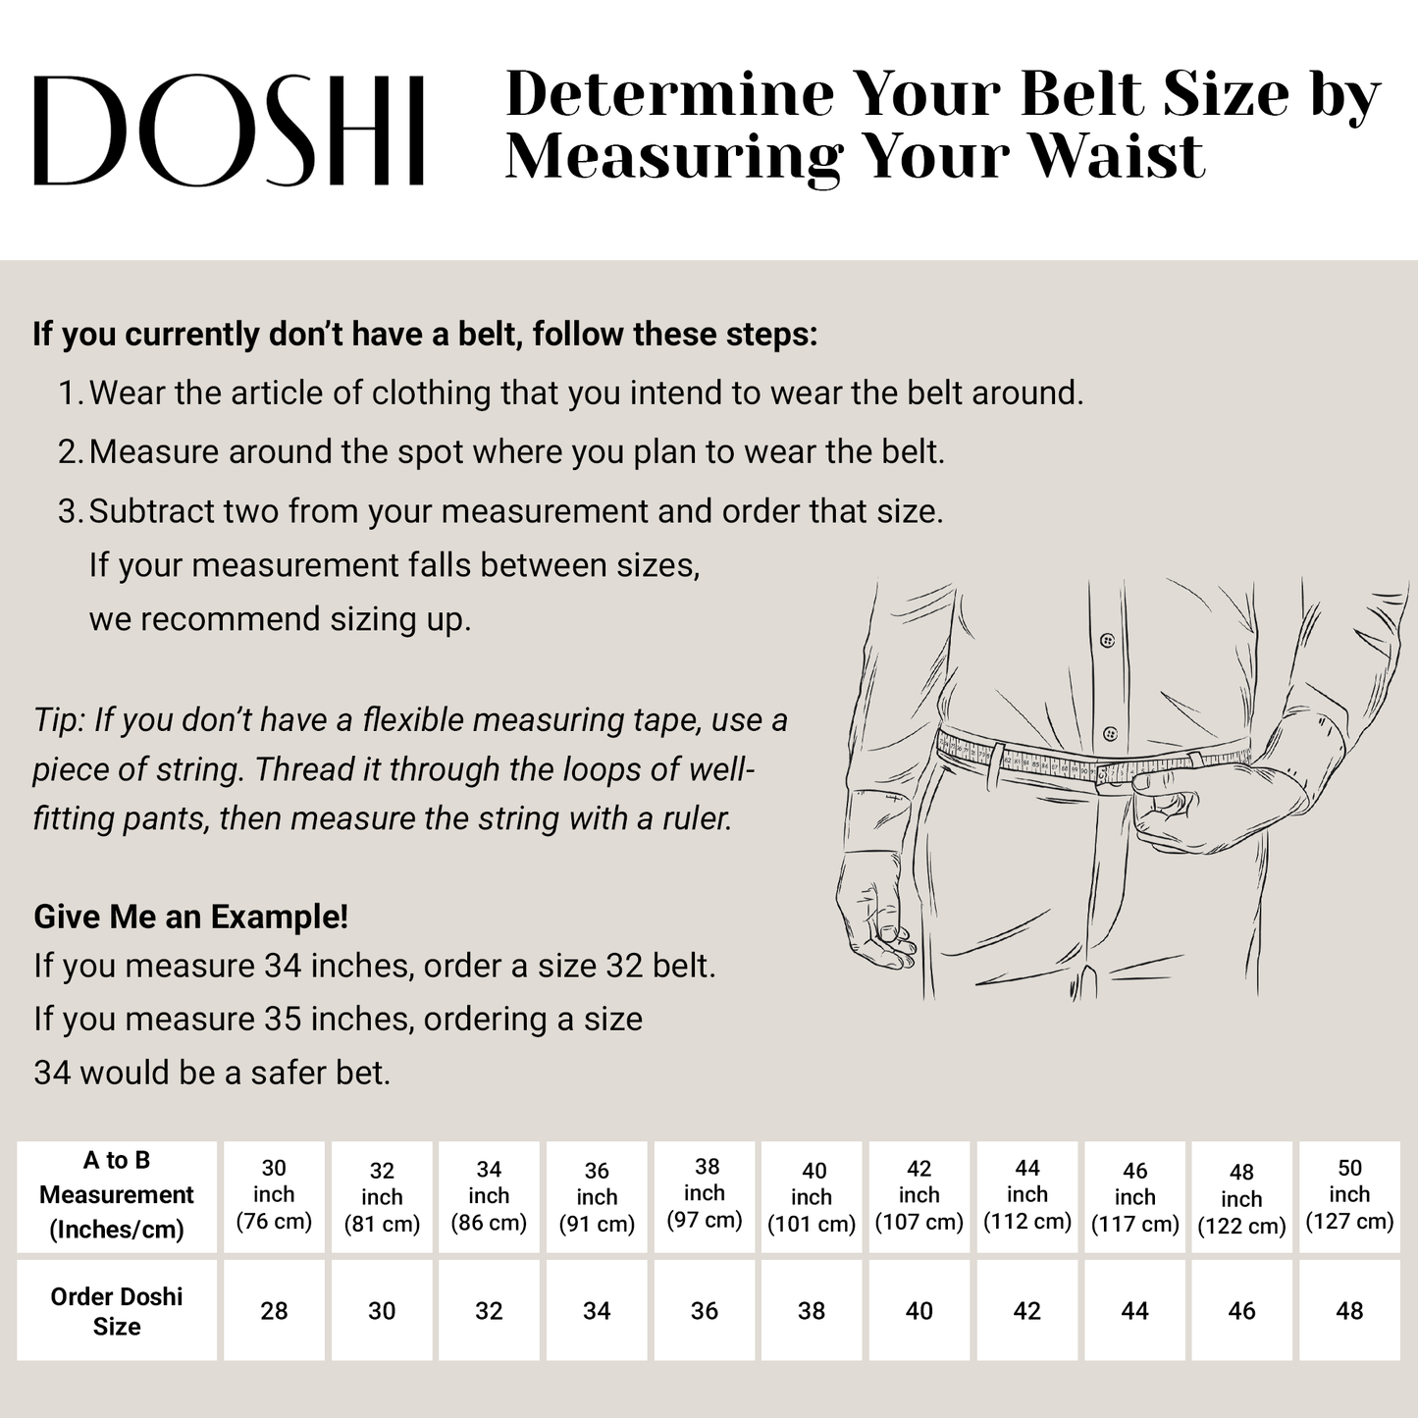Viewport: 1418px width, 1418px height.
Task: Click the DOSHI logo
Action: click(229, 131)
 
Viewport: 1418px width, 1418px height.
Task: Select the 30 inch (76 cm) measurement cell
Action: click(274, 1195)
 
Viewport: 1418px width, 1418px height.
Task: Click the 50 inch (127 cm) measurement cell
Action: click(1349, 1195)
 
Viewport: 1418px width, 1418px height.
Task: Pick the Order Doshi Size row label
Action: click(117, 1311)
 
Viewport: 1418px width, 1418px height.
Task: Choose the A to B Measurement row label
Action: click(117, 1195)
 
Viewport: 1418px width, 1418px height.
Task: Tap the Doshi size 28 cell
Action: click(274, 1311)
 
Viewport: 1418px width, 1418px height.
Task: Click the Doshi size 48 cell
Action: click(1349, 1311)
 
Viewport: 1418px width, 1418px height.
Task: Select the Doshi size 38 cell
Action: click(812, 1311)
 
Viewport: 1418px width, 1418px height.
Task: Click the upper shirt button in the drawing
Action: click(1108, 641)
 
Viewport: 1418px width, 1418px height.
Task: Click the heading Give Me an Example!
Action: click(191, 918)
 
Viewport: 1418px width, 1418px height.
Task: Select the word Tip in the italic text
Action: click(57, 720)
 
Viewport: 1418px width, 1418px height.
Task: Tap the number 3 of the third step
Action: click(69, 511)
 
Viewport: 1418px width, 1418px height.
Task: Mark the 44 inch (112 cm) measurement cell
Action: click(1027, 1195)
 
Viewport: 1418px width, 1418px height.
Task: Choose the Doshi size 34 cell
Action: click(597, 1311)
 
